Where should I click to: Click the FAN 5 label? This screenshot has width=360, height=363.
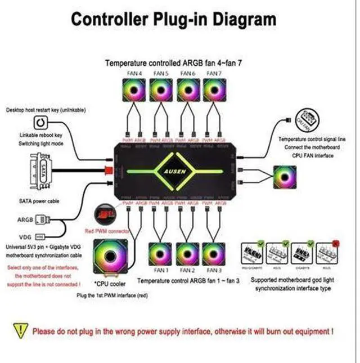[161, 74]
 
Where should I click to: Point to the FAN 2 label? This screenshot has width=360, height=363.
[187, 271]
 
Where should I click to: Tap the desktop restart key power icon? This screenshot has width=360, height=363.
[39, 123]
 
